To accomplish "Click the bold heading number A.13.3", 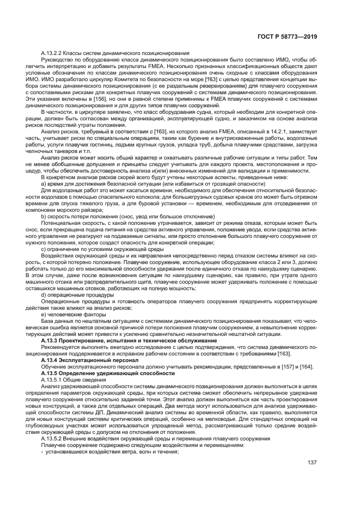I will coord(52,340).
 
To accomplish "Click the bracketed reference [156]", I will coord(100,99).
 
